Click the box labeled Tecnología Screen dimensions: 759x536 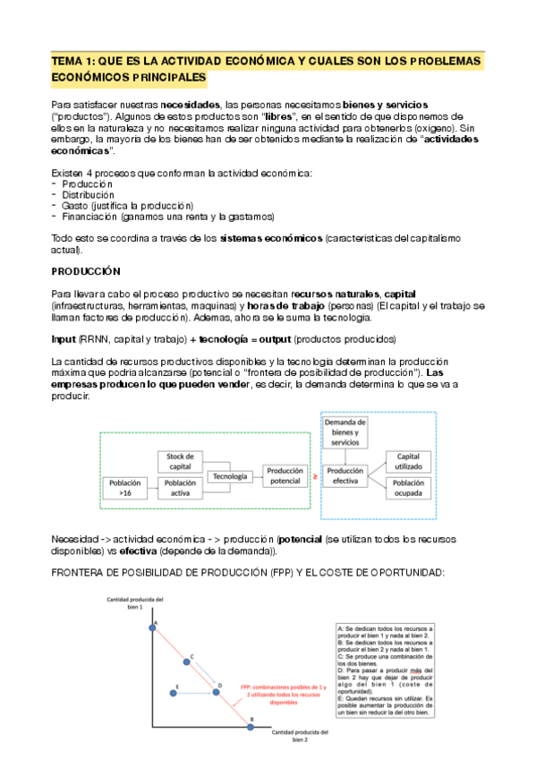(230, 476)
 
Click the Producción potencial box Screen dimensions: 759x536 (285, 476)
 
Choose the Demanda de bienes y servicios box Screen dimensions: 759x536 (345, 432)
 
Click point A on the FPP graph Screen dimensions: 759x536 (151, 627)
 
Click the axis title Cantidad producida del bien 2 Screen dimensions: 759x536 (300, 736)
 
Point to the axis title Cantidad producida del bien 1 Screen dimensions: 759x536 (135, 602)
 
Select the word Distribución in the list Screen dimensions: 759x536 (87, 193)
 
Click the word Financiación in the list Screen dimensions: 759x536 (90, 216)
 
